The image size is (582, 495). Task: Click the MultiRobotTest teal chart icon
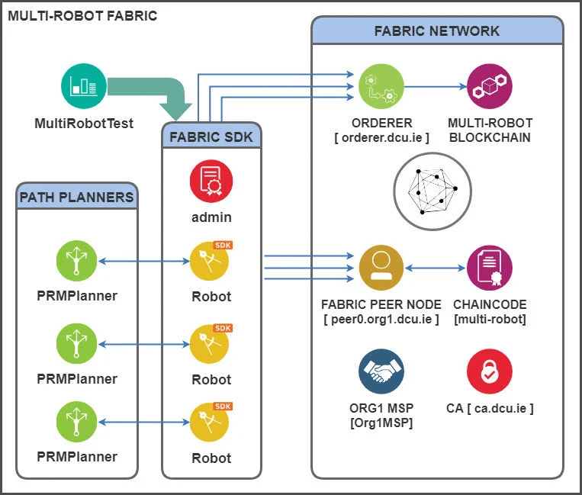click(83, 85)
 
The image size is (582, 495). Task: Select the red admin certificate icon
click(211, 181)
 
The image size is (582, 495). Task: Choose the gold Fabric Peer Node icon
click(381, 268)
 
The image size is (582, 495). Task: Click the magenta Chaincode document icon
click(489, 268)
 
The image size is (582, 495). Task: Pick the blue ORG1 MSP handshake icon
click(381, 371)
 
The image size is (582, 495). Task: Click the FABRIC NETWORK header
click(437, 31)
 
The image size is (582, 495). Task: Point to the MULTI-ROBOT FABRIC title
click(82, 14)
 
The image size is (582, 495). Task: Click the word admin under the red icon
click(211, 217)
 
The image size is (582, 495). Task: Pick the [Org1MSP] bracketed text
click(381, 423)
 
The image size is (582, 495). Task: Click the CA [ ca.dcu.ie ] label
click(490, 408)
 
